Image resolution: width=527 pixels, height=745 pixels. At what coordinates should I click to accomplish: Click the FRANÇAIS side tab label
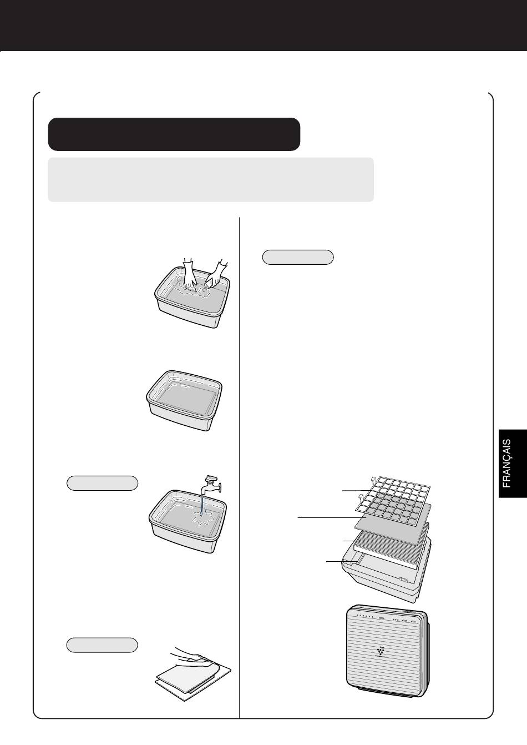click(506, 464)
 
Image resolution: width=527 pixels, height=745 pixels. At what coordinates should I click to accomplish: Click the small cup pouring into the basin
click(209, 284)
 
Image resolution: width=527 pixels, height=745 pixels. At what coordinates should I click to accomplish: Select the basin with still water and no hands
click(184, 400)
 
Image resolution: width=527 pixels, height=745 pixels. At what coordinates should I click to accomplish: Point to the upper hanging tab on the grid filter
click(374, 480)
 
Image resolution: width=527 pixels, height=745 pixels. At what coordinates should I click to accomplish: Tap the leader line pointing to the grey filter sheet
click(332, 517)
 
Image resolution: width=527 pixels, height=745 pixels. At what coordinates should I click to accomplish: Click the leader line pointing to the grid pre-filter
click(356, 490)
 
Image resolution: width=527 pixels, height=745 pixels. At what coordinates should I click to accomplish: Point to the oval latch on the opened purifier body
click(403, 580)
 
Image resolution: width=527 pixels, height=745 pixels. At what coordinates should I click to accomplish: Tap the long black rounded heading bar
click(174, 134)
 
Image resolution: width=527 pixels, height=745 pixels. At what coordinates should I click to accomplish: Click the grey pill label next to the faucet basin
click(102, 484)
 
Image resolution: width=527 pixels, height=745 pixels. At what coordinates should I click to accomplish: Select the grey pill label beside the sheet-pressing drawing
click(102, 645)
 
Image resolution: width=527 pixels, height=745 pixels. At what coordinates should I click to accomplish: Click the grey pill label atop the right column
click(298, 257)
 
